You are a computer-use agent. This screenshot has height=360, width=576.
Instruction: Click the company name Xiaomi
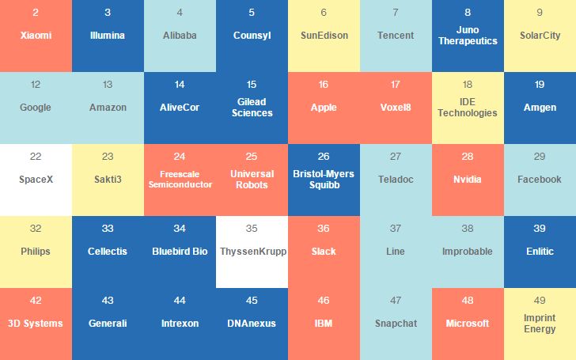point(36,36)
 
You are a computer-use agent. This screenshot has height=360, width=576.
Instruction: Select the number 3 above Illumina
point(108,13)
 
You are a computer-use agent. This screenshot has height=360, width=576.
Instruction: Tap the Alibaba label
point(180,36)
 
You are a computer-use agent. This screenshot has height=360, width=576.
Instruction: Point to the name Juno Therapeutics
point(468,36)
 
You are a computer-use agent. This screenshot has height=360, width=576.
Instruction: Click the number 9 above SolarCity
point(540,13)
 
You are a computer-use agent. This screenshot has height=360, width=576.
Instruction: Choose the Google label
point(36,108)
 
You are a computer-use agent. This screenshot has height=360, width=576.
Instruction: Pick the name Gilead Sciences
point(252,108)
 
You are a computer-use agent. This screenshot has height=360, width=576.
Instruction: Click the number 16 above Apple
point(324,85)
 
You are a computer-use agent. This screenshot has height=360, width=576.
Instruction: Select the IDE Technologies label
point(468,108)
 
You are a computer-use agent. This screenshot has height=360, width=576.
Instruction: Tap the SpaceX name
point(36,180)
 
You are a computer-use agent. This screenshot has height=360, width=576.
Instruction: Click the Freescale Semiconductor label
point(180,180)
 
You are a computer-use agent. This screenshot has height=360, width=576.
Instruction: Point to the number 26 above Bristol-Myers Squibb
point(324,157)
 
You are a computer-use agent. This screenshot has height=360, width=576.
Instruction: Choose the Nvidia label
point(468,180)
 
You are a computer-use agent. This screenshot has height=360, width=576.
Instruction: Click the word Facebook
point(540,180)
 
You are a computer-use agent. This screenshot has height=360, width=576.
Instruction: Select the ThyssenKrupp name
point(252,252)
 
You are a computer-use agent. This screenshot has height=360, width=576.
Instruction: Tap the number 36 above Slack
point(324,229)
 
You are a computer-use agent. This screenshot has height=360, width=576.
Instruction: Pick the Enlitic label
point(540,252)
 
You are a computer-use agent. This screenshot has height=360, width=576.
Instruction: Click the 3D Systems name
point(36,323)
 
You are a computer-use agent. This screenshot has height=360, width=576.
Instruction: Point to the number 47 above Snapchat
point(396,301)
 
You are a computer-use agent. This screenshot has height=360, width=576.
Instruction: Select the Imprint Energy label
point(540,324)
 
